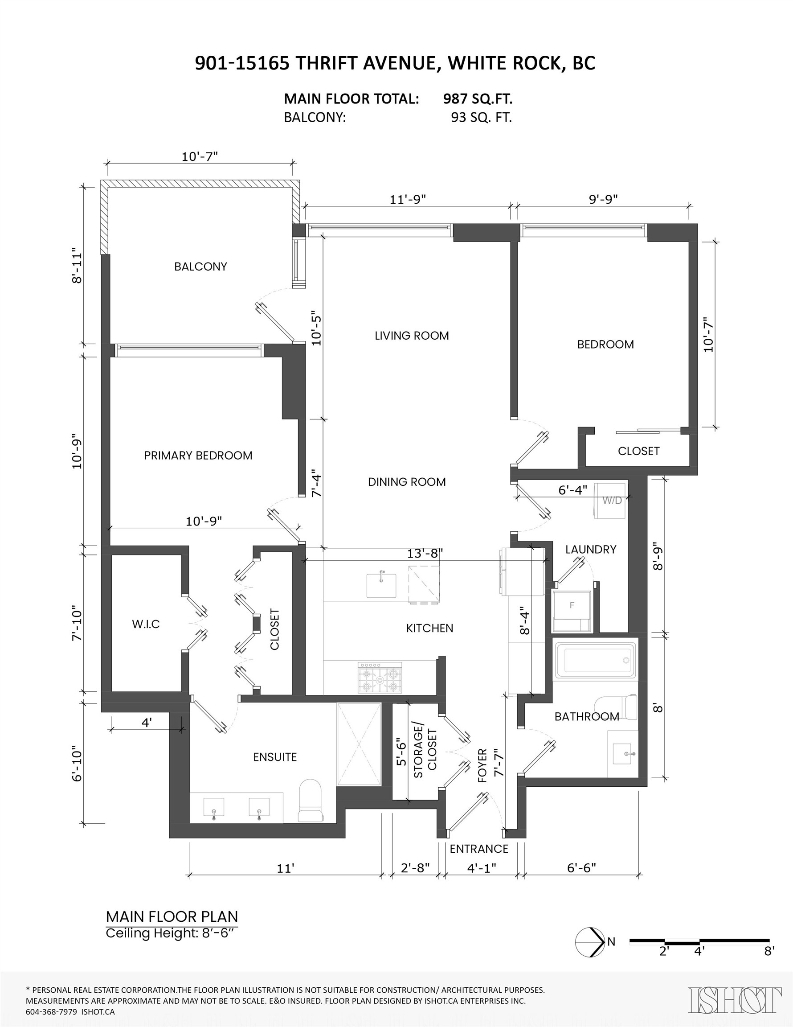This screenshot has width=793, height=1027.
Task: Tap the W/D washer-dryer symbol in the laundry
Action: (612, 500)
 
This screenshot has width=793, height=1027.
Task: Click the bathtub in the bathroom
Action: (596, 660)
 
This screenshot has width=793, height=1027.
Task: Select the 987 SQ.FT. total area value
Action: (478, 99)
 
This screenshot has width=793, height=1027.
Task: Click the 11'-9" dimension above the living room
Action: (408, 199)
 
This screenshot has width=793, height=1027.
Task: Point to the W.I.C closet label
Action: (146, 624)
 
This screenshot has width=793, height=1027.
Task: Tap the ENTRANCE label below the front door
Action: (478, 849)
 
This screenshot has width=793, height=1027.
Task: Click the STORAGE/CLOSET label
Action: (425, 753)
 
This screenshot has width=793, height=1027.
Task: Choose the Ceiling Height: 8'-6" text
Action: (170, 933)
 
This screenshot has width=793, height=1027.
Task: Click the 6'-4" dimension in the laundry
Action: (572, 490)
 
